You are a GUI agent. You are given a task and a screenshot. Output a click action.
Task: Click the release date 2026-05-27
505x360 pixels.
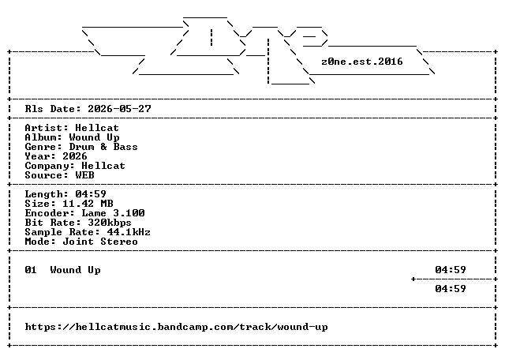coord(119,109)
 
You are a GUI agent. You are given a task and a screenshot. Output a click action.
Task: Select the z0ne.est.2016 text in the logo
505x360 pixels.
coord(362,62)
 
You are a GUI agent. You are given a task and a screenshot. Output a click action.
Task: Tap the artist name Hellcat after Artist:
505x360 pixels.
coord(97,128)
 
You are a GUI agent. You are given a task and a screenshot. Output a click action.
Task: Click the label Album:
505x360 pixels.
coord(43,137)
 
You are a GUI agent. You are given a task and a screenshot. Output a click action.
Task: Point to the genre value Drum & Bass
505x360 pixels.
coord(103,147)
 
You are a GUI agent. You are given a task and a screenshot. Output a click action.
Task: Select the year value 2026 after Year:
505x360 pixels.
coord(75,156)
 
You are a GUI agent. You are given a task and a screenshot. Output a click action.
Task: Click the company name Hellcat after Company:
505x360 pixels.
coord(103,166)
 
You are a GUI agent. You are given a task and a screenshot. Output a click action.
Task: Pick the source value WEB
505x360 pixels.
coord(84,175)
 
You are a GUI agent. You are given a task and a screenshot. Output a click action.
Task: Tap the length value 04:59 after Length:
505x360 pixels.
coord(91,193)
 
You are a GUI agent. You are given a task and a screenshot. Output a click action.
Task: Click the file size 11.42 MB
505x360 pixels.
coord(88,204)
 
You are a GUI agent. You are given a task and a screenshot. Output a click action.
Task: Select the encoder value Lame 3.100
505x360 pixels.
coord(113,213)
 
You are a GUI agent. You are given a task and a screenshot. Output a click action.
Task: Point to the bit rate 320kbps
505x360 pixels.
coord(110,223)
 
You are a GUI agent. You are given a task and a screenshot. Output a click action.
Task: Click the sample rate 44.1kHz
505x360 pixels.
coord(129,232)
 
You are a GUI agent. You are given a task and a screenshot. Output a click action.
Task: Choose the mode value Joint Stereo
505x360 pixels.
coord(100,242)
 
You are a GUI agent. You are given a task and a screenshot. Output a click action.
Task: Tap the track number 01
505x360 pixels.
coord(31,269)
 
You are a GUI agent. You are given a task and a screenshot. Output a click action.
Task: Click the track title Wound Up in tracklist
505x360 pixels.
coord(76,270)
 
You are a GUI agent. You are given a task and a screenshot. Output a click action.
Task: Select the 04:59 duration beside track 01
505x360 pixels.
coord(451,269)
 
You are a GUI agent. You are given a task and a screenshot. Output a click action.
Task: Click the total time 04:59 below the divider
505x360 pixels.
coord(451,288)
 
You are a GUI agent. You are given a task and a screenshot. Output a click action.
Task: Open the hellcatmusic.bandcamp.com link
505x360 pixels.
coord(176,327)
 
